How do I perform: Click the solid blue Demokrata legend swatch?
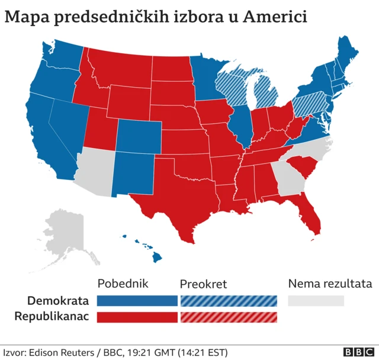click(137, 301)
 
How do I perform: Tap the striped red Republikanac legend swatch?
click(228, 317)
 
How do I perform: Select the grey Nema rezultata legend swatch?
click(316, 301)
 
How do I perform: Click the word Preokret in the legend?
click(203, 284)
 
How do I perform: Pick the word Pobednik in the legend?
click(122, 284)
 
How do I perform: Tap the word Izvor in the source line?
click(14, 352)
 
